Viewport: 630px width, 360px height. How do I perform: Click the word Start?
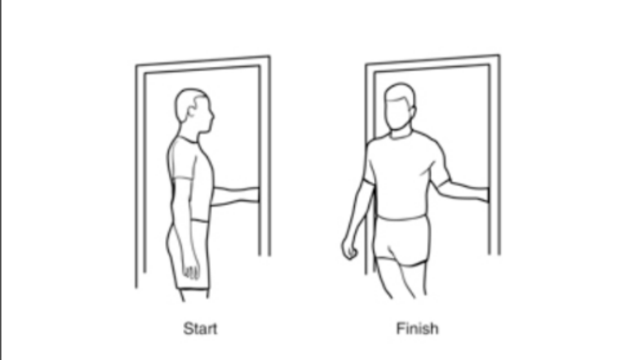pos(200,328)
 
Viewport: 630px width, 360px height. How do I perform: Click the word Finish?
pos(417,328)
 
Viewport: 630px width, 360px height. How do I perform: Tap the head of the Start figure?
pos(193,110)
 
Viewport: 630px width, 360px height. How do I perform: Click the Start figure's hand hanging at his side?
pos(191,270)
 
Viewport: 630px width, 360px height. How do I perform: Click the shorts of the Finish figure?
pos(402,240)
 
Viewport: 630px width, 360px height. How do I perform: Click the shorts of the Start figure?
pos(188,255)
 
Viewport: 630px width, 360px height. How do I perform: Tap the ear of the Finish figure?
pos(412,110)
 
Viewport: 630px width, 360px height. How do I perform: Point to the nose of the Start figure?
pos(212,117)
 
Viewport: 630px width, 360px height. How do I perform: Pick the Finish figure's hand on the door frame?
pos(484,194)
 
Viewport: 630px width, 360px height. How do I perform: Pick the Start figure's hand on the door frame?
pos(255,194)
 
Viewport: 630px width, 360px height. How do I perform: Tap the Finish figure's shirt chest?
pos(402,169)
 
